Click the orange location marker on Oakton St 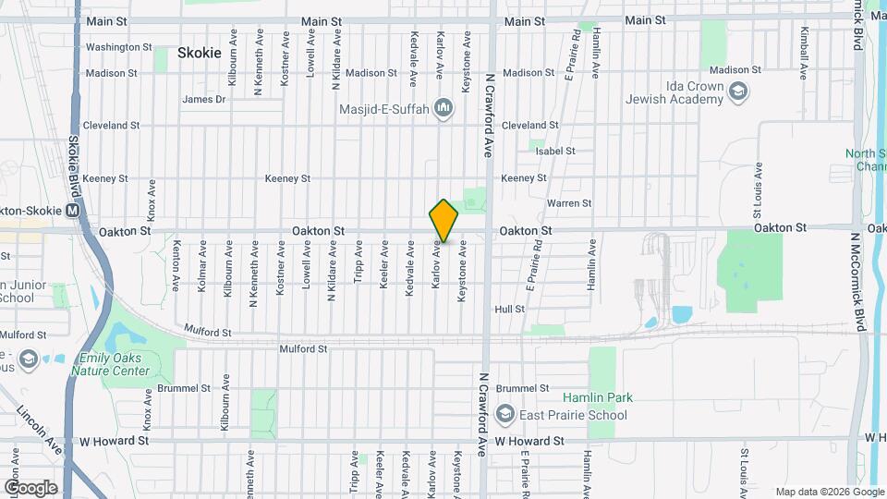pos(443,221)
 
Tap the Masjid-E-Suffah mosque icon pos(444,108)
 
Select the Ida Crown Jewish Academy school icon pos(738,91)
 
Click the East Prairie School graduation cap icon pos(504,415)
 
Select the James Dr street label pos(204,99)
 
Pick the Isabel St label pos(555,151)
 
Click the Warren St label pos(569,202)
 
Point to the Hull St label pos(510,310)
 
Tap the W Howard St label pos(529,442)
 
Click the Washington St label pos(118,47)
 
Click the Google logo pos(30,487)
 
